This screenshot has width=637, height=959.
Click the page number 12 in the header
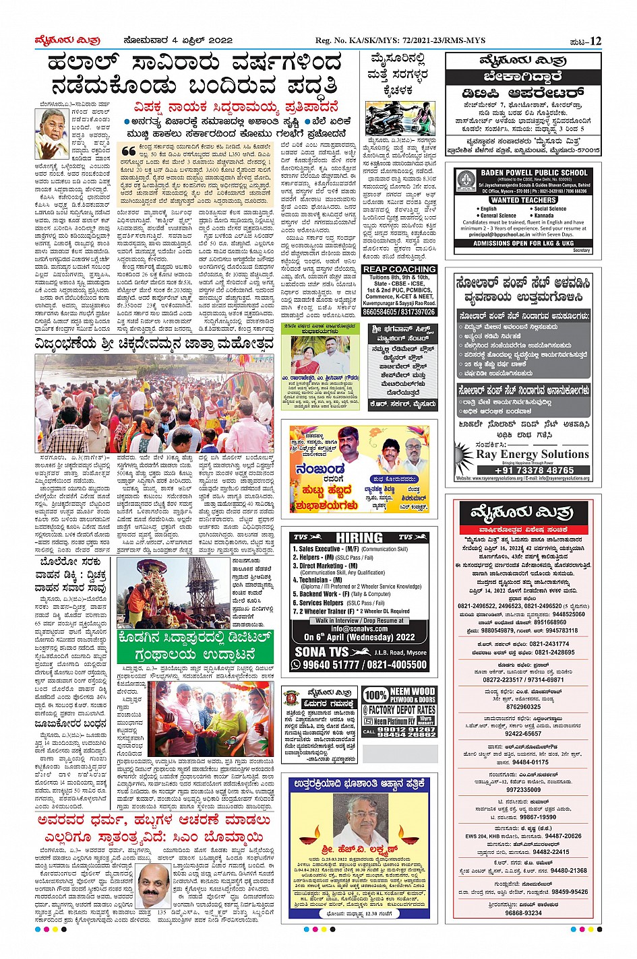595,40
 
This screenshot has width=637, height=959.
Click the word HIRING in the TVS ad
359,537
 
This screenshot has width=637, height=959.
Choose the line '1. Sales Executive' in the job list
326,549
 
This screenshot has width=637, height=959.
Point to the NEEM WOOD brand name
413,691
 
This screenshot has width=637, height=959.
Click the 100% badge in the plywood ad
375,695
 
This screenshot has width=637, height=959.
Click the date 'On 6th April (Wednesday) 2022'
359,636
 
